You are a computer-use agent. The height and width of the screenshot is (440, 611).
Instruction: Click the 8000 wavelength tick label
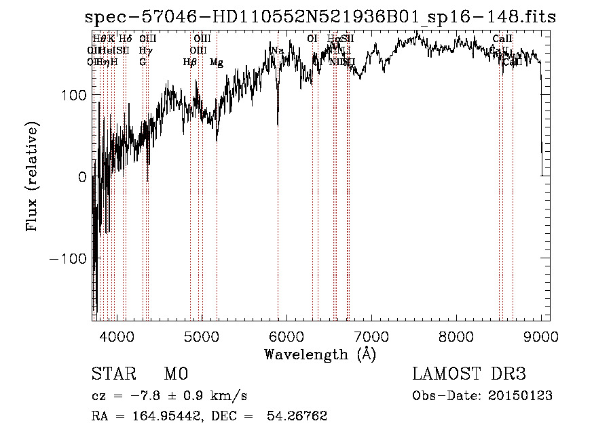pos(456,336)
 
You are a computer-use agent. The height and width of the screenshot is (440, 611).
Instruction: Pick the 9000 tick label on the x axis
pos(540,336)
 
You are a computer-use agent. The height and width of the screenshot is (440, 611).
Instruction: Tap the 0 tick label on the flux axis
pos(82,177)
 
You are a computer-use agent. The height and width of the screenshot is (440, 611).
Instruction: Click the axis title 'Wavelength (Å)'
pos(320,354)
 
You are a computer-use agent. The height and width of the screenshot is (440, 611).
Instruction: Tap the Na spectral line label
pos(277,50)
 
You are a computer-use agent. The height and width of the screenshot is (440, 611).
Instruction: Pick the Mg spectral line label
pos(216,62)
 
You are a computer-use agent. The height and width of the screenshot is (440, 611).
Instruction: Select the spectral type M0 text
pos(175,374)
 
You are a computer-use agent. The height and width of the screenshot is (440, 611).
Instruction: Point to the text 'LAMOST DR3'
pos(469,374)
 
